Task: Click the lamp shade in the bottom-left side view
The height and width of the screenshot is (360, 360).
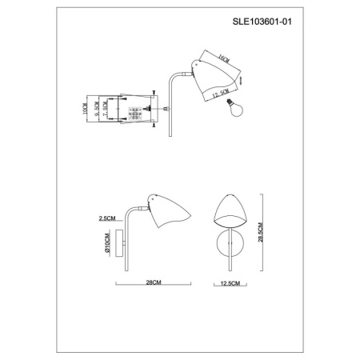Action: click(171, 214)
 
